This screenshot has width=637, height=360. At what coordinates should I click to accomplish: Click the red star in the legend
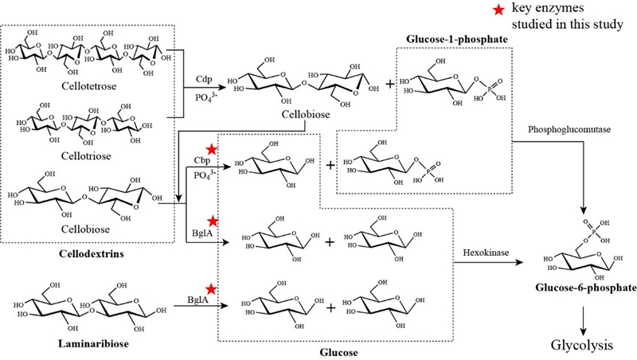coord(500,10)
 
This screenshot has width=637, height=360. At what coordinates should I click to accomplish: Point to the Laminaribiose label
coord(85,344)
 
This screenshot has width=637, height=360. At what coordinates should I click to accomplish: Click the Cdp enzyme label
coord(203,81)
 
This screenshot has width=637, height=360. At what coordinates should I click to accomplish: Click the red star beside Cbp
coord(212,149)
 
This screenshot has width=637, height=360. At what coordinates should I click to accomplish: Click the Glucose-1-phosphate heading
coord(457,39)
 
